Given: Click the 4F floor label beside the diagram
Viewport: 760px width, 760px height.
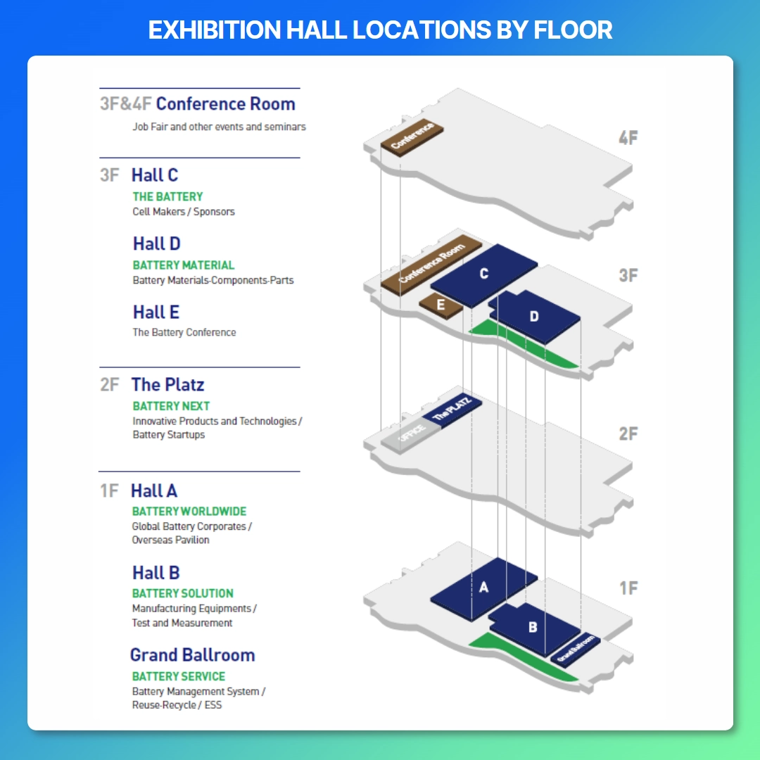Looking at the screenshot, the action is coord(628,138).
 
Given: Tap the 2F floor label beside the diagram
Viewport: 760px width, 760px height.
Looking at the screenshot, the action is coord(628,433).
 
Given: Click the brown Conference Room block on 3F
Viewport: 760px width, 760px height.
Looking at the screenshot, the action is coord(431,265).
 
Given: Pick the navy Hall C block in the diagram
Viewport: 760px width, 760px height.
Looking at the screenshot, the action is coord(483,274).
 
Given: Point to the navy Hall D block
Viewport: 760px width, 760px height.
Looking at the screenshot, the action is coord(534,317).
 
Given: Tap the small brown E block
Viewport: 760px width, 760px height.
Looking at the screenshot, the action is coord(441,305).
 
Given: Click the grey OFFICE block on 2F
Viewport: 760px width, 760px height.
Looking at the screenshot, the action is coord(410,434).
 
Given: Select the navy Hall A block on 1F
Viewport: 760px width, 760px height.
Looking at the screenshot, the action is coord(483,588).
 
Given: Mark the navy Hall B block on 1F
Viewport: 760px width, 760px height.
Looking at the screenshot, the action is coord(533,628).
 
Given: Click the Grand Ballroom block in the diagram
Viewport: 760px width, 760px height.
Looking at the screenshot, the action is coord(576,649).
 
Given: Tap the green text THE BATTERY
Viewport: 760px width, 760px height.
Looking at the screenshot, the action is coord(167,197).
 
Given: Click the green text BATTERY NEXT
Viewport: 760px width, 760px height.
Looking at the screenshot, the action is coord(171,406).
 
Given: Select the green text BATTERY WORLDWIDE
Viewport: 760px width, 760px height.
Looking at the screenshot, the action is coord(189,512).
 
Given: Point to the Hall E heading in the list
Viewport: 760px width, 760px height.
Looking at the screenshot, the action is coord(156,312).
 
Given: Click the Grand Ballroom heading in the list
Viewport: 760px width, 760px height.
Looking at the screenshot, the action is coord(192,655).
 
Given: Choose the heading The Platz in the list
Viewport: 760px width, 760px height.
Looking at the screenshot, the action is coord(167,384).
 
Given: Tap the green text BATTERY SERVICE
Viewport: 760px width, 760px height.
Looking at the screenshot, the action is coord(178,676).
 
